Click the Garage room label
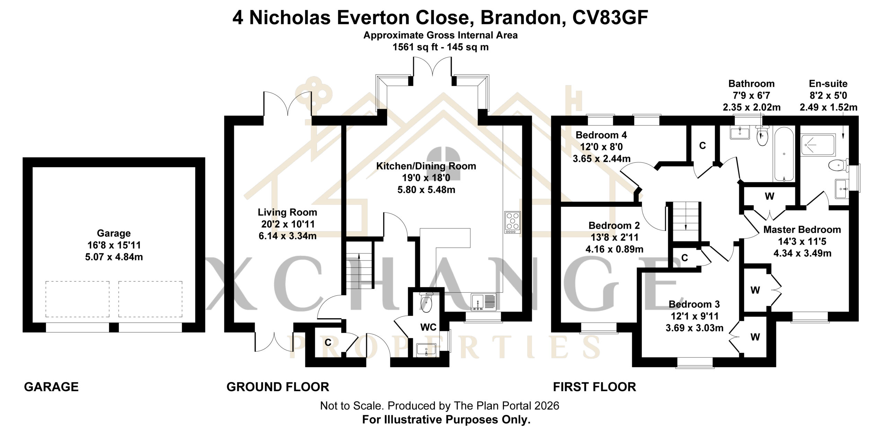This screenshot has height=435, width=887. pos(114,233)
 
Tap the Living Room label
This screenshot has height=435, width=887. pos(287,212)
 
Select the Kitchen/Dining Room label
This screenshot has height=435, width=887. pos(426,166)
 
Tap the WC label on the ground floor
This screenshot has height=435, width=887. pos(428,327)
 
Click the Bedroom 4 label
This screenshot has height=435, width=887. pos(601,135)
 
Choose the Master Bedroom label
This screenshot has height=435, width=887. pos(802,230)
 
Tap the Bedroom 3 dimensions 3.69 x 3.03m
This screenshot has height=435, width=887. pos(694,328)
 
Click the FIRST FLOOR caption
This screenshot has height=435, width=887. pos(594,387)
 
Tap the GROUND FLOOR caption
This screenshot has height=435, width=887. pos(278,387)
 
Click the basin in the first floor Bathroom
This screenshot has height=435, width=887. pos(740,133)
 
